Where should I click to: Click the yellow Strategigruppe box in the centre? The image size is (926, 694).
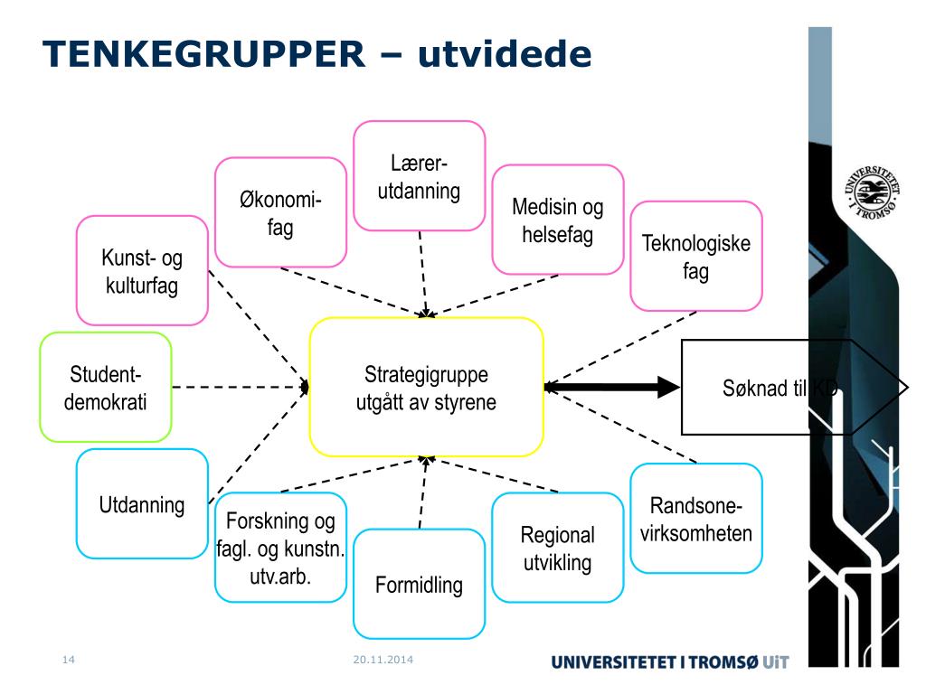pyautogui.click(x=426, y=388)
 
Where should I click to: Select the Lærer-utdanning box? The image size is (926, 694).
pyautogui.click(x=419, y=176)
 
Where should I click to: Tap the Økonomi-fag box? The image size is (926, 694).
pyautogui.click(x=280, y=213)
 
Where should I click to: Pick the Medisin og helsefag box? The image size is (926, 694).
pyautogui.click(x=557, y=220)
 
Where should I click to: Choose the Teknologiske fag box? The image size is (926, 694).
pyautogui.click(x=695, y=257)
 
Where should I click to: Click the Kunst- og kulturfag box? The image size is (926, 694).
pyautogui.click(x=142, y=271)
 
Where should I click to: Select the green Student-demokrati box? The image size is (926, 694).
pyautogui.click(x=106, y=388)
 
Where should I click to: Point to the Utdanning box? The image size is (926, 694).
pyautogui.click(x=142, y=504)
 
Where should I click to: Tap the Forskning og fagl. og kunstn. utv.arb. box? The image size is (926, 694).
pyautogui.click(x=280, y=547)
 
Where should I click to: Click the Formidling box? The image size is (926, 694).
pyautogui.click(x=419, y=584)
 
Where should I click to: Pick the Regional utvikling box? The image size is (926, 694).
pyautogui.click(x=557, y=548)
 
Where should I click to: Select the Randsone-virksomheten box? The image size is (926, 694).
pyautogui.click(x=695, y=519)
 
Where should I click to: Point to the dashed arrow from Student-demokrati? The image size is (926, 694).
pyautogui.click(x=240, y=387)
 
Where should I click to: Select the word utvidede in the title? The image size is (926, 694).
pyautogui.click(x=504, y=55)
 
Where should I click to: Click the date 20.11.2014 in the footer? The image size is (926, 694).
pyautogui.click(x=383, y=660)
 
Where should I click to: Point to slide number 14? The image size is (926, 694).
pyautogui.click(x=68, y=660)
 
